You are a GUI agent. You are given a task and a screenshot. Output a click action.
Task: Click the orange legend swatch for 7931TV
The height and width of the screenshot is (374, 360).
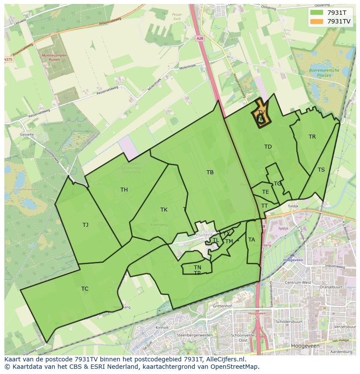(x=317, y=21)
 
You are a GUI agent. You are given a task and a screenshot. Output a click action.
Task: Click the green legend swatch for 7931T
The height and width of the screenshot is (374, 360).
(x=317, y=13)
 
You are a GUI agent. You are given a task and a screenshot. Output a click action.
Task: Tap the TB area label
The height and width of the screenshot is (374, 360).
(x=210, y=172)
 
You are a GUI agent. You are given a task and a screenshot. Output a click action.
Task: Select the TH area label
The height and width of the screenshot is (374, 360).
(x=124, y=190)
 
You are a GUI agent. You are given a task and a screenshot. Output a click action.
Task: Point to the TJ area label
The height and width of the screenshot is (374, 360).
(x=85, y=225)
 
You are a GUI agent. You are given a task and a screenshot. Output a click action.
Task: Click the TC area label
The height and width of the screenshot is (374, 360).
(x=85, y=289)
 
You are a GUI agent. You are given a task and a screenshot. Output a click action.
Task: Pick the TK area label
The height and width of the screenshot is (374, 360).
(x=164, y=210)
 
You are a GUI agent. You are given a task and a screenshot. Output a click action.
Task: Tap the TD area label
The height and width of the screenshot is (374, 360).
(x=268, y=147)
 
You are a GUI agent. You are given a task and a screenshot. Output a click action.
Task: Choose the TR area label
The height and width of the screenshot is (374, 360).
(x=312, y=137)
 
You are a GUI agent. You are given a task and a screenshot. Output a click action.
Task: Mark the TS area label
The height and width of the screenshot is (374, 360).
(x=321, y=170)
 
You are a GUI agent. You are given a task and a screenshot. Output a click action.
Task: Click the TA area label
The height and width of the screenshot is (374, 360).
(x=251, y=240)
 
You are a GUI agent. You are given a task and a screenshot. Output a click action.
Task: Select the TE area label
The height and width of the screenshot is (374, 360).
(x=265, y=192)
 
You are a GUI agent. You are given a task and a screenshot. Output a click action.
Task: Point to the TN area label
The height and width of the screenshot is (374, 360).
(x=197, y=268)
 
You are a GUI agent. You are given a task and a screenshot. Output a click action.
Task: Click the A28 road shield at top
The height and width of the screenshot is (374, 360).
(x=200, y=39)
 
